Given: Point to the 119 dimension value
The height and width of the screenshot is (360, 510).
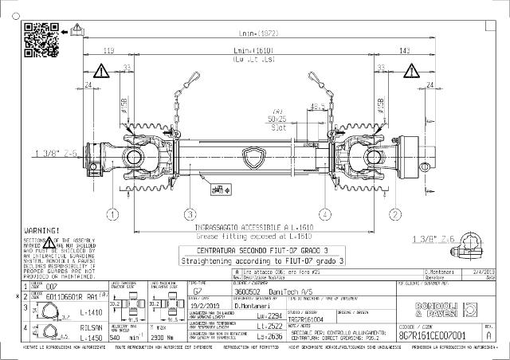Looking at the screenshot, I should pos(108,52).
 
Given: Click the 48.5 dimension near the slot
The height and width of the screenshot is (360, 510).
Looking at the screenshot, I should pos(315,105).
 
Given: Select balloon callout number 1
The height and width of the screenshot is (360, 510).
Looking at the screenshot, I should pos(113,214).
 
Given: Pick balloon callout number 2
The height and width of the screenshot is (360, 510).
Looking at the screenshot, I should pos(394,214).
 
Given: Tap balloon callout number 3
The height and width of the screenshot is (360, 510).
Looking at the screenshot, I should pos(190,214).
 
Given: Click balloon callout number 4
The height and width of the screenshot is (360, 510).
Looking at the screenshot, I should pos(325,214).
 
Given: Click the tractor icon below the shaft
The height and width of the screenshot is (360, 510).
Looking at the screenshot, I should pos(216,190).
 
